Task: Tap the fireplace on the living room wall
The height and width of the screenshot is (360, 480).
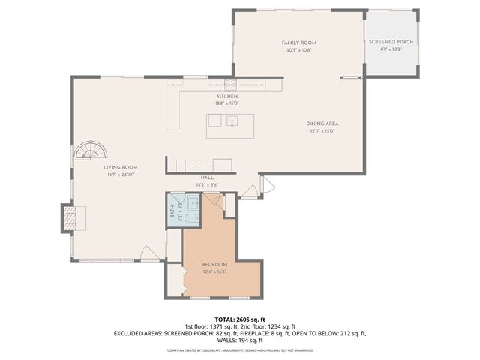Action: [69, 218]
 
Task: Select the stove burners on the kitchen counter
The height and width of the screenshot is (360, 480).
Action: [230, 84]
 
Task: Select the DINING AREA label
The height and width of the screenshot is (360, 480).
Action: [323, 124]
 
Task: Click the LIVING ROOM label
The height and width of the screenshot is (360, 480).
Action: [120, 168]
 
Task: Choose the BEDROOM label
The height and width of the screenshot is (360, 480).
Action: [215, 265]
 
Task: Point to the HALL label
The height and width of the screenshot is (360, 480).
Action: [207, 178]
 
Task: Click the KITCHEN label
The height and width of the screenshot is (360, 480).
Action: [227, 97]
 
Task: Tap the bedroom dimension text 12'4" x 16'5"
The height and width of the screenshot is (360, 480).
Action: [215, 272]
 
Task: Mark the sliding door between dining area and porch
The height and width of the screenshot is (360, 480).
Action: [351, 76]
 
